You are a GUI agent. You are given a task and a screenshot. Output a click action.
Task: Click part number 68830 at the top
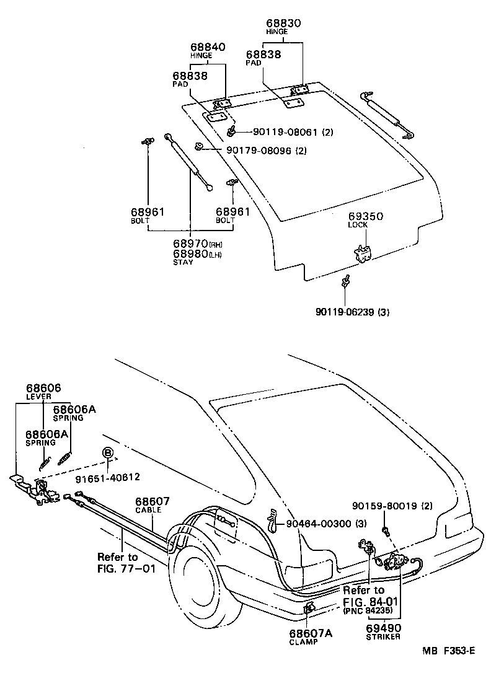point(282,24)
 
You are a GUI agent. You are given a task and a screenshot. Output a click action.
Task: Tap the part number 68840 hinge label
point(208,47)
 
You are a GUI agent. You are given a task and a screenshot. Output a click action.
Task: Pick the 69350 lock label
point(365,216)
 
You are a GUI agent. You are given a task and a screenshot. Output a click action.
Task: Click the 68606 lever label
point(43,388)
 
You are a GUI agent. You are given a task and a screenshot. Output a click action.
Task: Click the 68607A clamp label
point(311,633)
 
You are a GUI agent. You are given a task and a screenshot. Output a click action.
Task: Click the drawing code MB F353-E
point(449,650)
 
